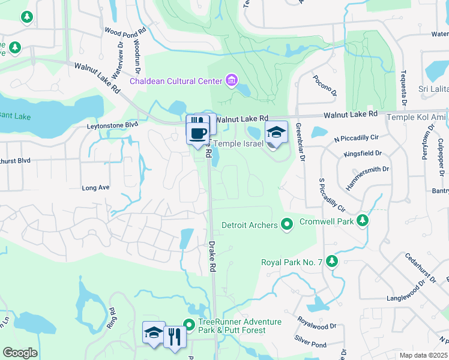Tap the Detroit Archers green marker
point(287,225)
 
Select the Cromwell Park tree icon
point(362,221)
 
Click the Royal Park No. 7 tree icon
point(332,262)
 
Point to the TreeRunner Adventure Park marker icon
point(190,325)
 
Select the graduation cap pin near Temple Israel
point(277,134)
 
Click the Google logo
point(20,353)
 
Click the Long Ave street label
point(95,188)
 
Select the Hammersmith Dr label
point(367,177)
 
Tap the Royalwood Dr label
point(316,326)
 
